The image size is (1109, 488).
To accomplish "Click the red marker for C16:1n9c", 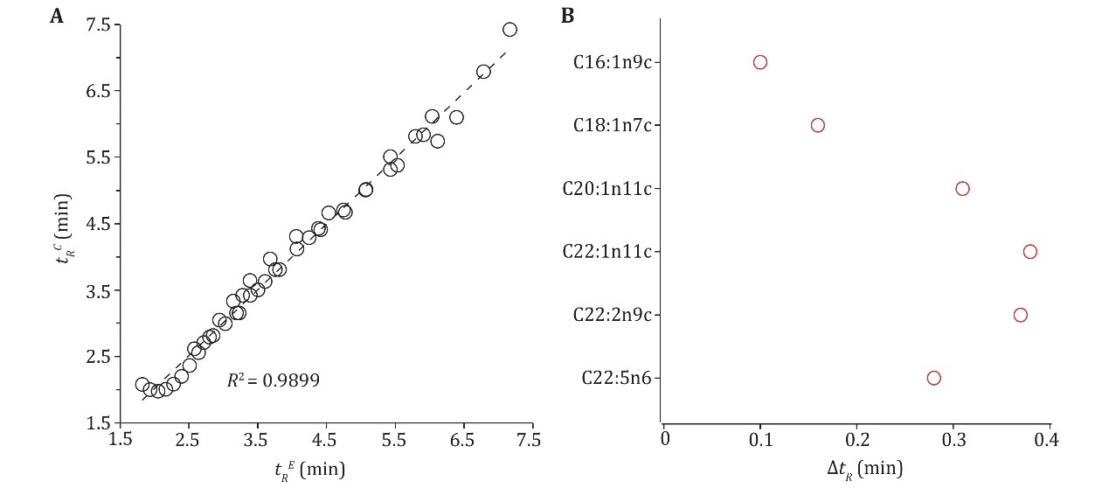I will point(760,62).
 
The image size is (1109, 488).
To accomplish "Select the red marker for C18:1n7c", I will point(818,125).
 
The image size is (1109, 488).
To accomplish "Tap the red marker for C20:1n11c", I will point(962,189).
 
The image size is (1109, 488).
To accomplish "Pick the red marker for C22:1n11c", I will point(1029,252).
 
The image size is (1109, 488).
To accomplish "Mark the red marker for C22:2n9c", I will point(1020,315).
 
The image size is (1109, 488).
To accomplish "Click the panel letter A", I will point(55,15).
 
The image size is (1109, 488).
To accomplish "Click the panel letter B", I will point(567,15).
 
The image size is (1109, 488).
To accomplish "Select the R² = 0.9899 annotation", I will point(273,380).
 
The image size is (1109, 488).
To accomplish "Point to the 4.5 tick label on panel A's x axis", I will point(325,438).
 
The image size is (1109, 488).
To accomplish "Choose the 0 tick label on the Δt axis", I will point(664,438).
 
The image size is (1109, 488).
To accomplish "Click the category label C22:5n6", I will point(620,379).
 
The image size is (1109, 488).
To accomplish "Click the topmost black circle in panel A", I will point(510,30).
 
